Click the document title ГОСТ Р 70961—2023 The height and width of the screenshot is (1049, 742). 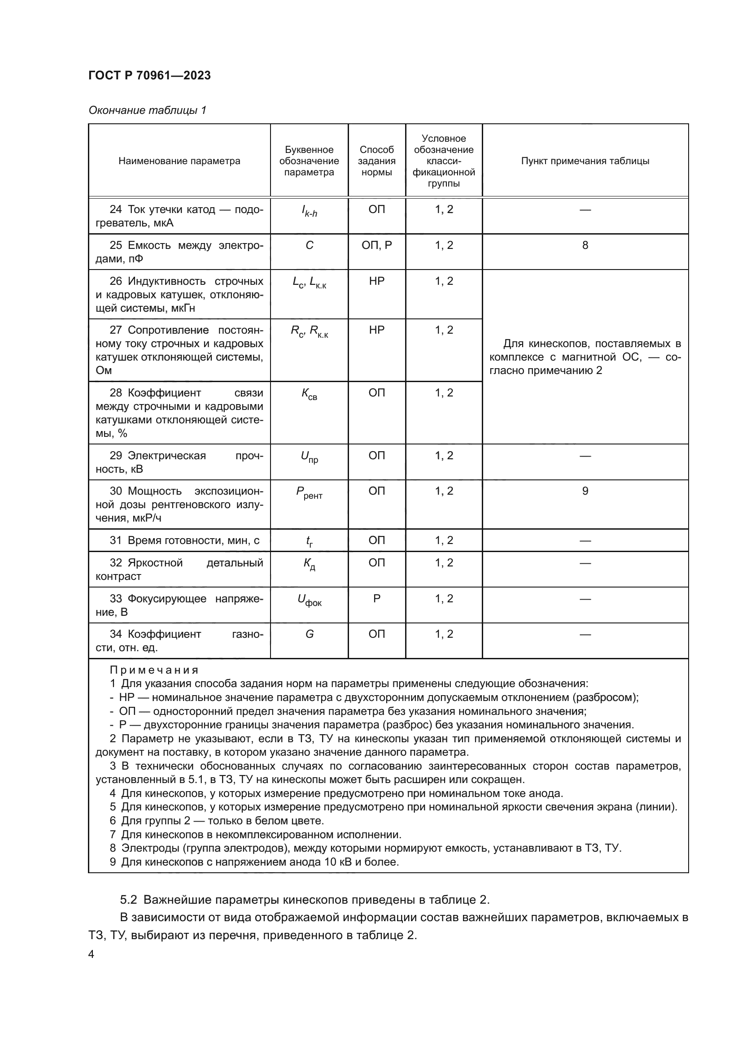tap(149, 75)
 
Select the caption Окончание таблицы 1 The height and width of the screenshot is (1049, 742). tap(147, 110)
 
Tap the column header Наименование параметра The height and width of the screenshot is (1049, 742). tap(179, 161)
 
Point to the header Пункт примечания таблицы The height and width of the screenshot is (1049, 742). tap(585, 161)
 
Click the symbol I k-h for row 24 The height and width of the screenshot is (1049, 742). tap(310, 211)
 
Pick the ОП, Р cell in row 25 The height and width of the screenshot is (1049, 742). tap(376, 245)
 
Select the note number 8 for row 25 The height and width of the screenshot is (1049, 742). tap(585, 245)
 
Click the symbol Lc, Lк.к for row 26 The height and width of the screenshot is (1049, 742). tap(310, 283)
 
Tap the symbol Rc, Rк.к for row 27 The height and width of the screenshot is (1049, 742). tap(310, 331)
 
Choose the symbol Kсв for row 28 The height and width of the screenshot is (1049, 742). tap(310, 394)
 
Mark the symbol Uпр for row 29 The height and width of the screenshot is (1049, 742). tap(310, 457)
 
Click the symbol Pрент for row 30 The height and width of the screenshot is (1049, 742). tap(310, 492)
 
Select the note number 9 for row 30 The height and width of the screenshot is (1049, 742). tap(585, 491)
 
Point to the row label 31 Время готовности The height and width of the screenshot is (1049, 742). tap(184, 540)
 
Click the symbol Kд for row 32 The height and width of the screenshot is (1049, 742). tap(310, 564)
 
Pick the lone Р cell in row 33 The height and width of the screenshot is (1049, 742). tap(376, 599)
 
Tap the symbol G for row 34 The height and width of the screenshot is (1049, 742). tap(310, 634)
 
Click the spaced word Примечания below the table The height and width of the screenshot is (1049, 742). tap(154, 670)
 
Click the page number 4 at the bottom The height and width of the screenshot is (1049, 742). tap(92, 954)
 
